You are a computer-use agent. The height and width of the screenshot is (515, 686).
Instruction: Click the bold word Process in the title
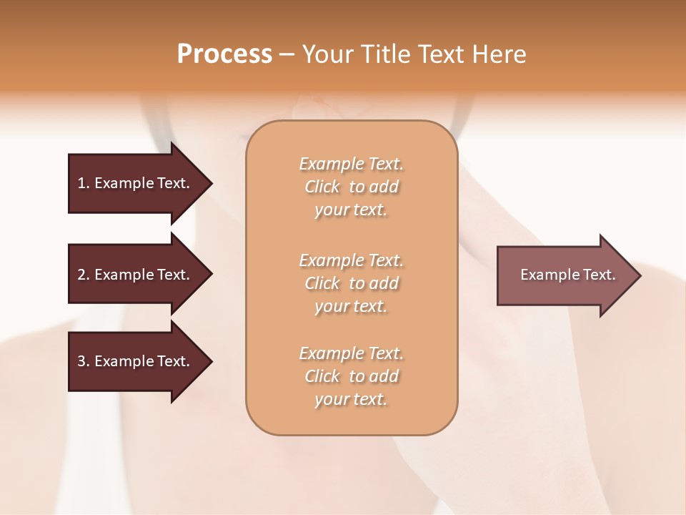click(x=224, y=54)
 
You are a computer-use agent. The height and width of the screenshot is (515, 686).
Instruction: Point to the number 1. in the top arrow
click(x=84, y=183)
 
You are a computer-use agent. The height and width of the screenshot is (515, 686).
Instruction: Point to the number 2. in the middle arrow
click(x=84, y=275)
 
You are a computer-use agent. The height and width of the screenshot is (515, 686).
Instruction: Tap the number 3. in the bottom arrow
click(x=84, y=361)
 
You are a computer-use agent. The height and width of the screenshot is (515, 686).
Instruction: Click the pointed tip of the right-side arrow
click(x=636, y=275)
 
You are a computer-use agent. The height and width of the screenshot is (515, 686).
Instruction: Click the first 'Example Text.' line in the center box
click(x=351, y=164)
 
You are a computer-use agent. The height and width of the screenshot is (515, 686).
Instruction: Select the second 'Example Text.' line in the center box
click(x=351, y=260)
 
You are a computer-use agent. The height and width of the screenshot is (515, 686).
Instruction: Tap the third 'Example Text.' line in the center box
click(x=351, y=353)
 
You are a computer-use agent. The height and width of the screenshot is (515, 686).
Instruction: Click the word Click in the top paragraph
click(x=322, y=187)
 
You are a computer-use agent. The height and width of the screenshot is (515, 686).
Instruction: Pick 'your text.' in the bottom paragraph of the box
click(x=351, y=399)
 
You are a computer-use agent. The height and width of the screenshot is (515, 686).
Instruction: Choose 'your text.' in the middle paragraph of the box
click(x=351, y=306)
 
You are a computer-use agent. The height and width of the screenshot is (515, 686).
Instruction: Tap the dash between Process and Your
click(x=287, y=55)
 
